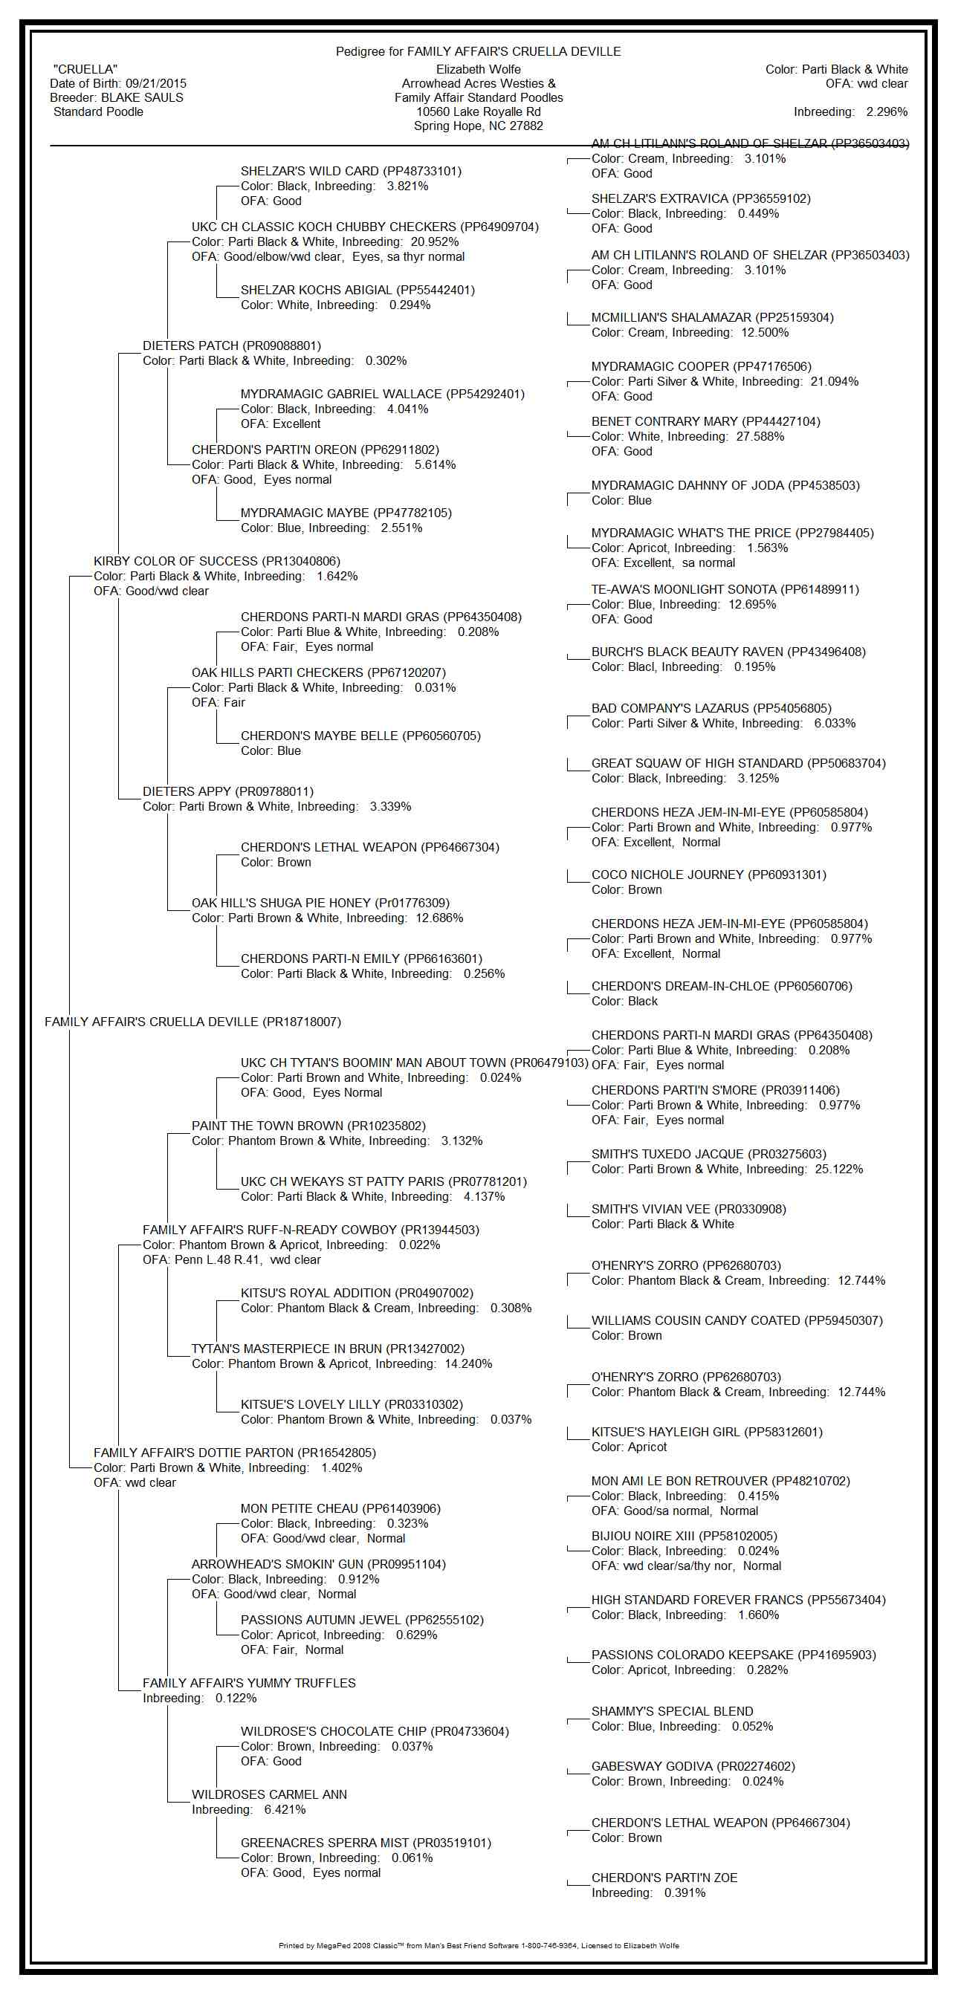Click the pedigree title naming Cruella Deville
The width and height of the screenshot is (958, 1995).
click(x=478, y=51)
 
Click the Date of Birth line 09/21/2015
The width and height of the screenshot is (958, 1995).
click(x=117, y=84)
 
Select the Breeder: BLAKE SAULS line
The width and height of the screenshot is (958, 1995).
click(x=116, y=97)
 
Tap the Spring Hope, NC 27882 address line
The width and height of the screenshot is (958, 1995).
click(x=478, y=126)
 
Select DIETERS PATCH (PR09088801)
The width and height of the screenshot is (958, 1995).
click(x=231, y=346)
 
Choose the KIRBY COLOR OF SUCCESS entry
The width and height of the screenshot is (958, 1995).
click(x=217, y=561)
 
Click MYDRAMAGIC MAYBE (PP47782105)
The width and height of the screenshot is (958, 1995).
click(x=346, y=513)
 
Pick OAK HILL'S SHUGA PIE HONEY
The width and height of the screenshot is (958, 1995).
click(x=320, y=903)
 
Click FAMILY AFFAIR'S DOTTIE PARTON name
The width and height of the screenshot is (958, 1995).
click(x=234, y=1452)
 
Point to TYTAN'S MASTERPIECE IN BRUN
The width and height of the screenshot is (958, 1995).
click(x=328, y=1349)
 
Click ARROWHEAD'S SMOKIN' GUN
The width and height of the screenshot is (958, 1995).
click(x=318, y=1563)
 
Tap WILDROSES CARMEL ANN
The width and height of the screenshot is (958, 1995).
click(x=269, y=1794)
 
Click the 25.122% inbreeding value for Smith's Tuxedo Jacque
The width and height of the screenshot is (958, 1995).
click(x=839, y=1169)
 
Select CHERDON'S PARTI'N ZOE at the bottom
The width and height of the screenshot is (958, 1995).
click(x=664, y=1878)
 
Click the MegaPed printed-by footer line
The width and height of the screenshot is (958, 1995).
click(x=478, y=1944)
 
